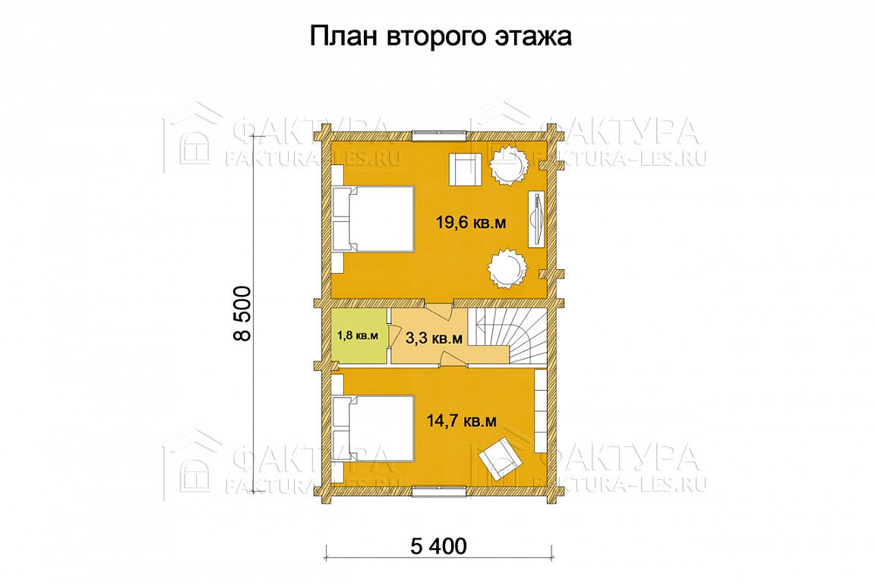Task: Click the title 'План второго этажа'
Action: point(441,37)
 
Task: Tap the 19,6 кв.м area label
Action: point(471,223)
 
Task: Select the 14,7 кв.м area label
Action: point(462,421)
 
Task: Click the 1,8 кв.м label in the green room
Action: point(358,336)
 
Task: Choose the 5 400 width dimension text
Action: point(438,546)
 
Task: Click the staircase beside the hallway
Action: point(507,335)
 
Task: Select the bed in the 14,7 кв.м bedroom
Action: point(374,428)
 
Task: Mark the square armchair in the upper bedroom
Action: point(464,169)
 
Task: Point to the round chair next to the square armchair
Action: point(508,165)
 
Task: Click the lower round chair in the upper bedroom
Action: point(507,268)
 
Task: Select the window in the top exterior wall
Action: point(438,134)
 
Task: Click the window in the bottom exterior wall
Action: point(438,490)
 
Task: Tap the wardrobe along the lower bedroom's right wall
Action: point(540,411)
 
